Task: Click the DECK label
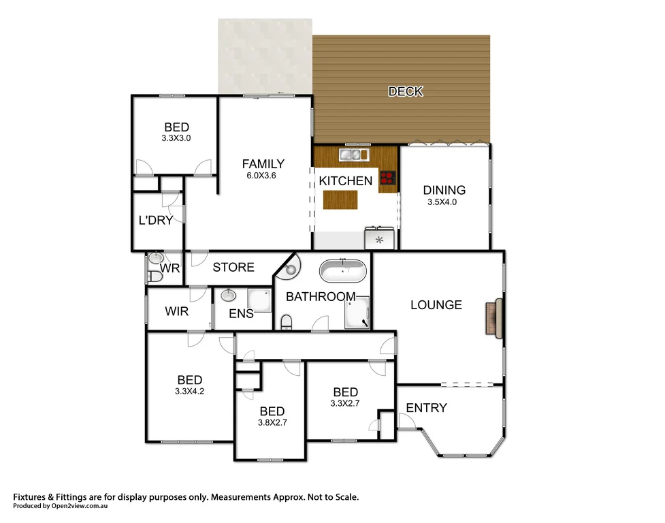tap(405, 91)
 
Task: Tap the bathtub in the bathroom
tap(343, 271)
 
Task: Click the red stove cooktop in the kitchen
tap(388, 178)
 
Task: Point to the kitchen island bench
tap(340, 200)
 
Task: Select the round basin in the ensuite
tap(228, 296)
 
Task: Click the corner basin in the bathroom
tap(291, 268)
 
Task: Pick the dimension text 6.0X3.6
tap(263, 175)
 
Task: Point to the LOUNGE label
tap(436, 305)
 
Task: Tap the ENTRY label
tap(426, 408)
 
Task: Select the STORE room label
tap(233, 268)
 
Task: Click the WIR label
tap(177, 311)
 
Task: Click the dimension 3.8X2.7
tap(272, 423)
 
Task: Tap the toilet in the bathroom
tap(287, 321)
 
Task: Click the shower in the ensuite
tap(259, 302)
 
